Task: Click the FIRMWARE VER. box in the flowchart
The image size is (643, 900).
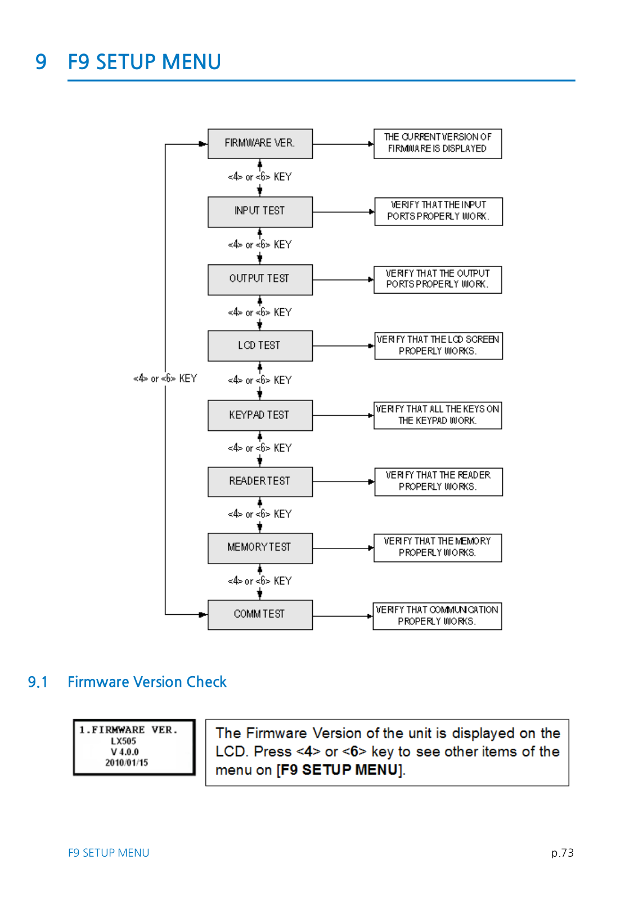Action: (260, 144)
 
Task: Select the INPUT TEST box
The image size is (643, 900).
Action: (260, 211)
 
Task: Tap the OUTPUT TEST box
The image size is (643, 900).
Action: (260, 280)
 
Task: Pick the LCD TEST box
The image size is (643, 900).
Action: (260, 346)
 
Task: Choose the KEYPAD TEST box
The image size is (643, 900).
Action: (260, 416)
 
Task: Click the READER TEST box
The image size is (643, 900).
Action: (260, 481)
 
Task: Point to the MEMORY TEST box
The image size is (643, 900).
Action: (260, 548)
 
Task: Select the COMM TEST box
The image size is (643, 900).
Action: (260, 615)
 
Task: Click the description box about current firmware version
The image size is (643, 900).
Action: (438, 144)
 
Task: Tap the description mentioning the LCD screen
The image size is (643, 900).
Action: (438, 345)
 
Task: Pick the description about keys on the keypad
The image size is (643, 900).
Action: (438, 416)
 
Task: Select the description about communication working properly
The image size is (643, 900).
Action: (437, 616)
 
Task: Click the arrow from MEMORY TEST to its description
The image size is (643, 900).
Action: (343, 548)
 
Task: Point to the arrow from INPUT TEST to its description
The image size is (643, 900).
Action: (344, 211)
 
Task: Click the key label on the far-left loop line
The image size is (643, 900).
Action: (165, 379)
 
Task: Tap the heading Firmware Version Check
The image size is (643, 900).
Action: (147, 682)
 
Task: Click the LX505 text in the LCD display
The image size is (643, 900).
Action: (123, 741)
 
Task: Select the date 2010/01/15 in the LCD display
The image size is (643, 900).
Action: (127, 762)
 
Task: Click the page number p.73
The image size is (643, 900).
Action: (562, 853)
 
